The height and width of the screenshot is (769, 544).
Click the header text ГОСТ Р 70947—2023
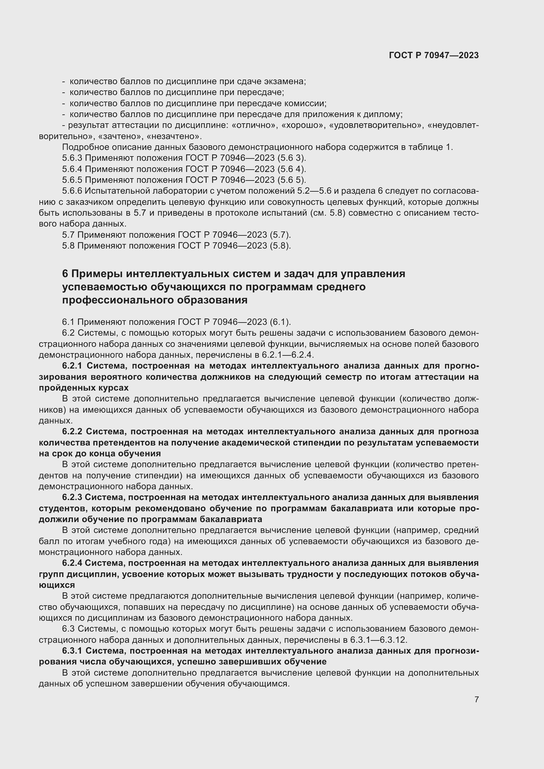pyautogui.click(x=434, y=55)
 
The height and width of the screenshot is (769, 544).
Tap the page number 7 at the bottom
pyautogui.click(x=476, y=699)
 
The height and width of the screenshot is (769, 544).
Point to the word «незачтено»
pyautogui.click(x=174, y=136)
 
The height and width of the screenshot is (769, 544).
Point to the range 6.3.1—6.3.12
pyautogui.click(x=378, y=640)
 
